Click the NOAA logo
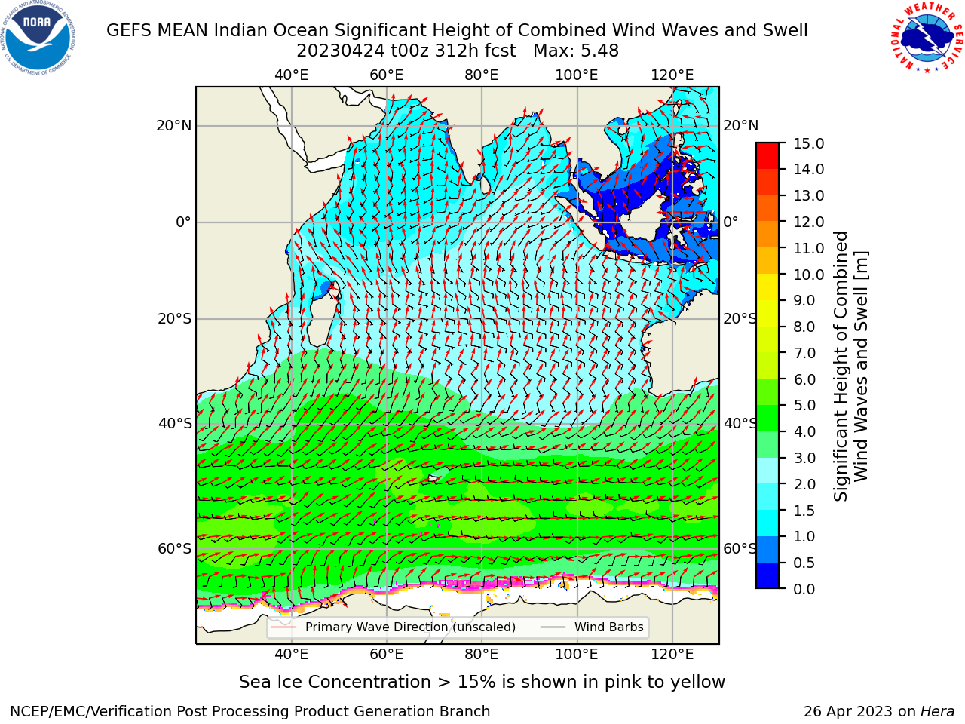click(38, 38)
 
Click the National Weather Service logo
click(927, 37)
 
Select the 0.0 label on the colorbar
click(804, 589)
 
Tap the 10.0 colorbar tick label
click(808, 275)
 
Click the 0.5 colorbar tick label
click(804, 563)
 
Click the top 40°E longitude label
click(291, 75)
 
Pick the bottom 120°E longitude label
click(672, 655)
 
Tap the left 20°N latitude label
click(174, 126)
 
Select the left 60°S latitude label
click(175, 549)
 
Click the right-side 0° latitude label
click(731, 222)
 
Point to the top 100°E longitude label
click(577, 75)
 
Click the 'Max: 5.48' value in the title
click(576, 51)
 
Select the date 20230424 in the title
click(341, 51)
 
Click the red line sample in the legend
click(284, 627)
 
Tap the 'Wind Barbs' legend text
click(609, 627)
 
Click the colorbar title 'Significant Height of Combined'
click(841, 367)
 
